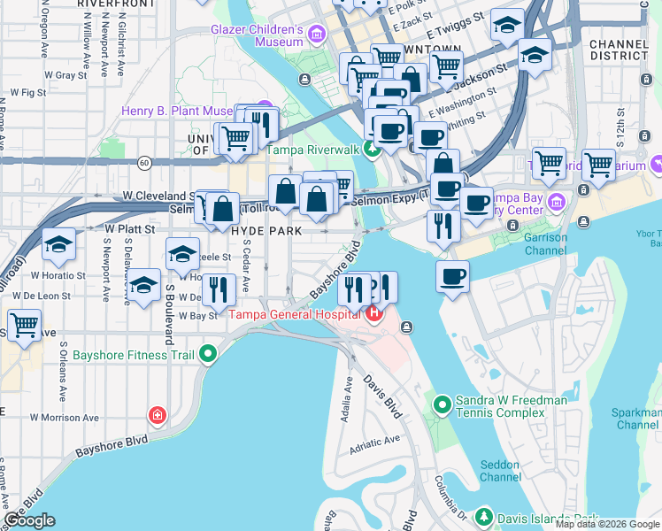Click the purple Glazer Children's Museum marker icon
coord(317,35)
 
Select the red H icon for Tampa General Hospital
coord(373,313)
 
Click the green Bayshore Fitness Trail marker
coord(208,355)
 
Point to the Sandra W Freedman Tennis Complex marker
coord(443,406)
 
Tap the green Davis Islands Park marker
coord(483,516)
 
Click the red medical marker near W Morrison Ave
coord(158,415)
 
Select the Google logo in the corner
coord(30,520)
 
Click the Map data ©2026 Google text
coord(607,524)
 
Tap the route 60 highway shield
coord(143,163)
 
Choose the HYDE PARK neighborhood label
coord(267,230)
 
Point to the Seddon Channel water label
coord(500,471)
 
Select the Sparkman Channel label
coord(636,419)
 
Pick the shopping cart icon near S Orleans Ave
coord(24,324)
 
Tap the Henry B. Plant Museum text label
coord(178,112)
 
